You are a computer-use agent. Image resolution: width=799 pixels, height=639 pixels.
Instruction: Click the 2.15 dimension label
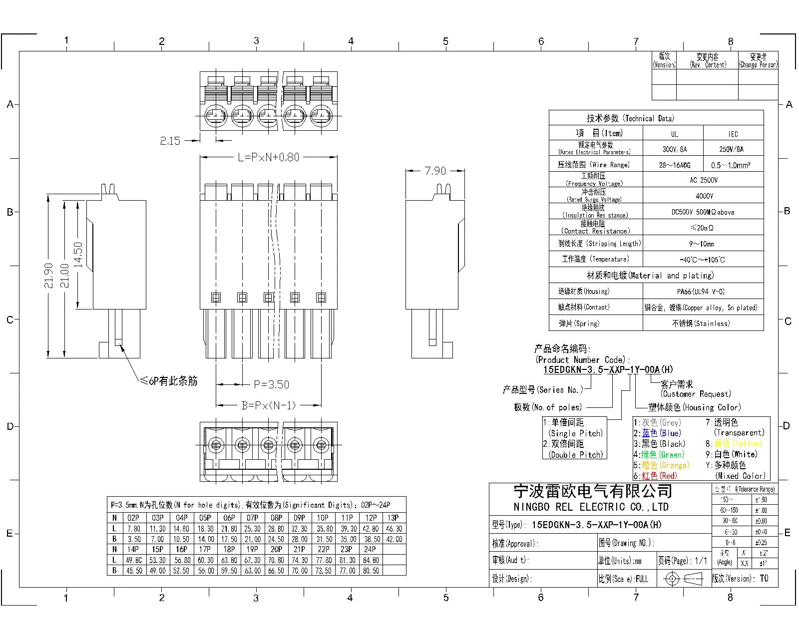pos(170,141)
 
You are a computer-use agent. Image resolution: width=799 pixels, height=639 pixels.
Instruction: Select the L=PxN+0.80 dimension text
pos(268,157)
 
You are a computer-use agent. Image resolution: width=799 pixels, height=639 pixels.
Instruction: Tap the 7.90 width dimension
pos(435,171)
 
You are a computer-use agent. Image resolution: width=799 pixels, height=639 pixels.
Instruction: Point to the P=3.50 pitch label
pos(271,384)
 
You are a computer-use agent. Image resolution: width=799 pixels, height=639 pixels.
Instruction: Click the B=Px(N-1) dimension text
pos(268,405)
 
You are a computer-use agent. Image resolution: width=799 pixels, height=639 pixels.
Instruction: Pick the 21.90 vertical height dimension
pos(48,276)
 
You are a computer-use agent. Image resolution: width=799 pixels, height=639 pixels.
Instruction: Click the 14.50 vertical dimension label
pos(78,255)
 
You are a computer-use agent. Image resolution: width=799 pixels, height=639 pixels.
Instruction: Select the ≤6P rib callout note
pos(168,381)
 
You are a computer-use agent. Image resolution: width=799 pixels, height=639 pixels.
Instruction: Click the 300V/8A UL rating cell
pos(674,149)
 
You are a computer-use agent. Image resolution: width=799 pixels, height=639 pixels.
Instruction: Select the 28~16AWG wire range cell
pos(674,165)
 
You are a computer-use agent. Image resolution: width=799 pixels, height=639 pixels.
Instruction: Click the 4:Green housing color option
pos(659,454)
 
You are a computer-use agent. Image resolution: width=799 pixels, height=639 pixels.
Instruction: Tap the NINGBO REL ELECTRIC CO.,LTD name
pos(591,507)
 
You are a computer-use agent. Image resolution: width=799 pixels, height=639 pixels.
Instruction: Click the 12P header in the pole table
pos(371,518)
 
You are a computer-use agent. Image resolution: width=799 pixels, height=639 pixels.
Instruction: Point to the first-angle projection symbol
pos(682,579)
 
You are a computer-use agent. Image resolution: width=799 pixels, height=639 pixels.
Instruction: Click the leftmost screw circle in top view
pos(216,115)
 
